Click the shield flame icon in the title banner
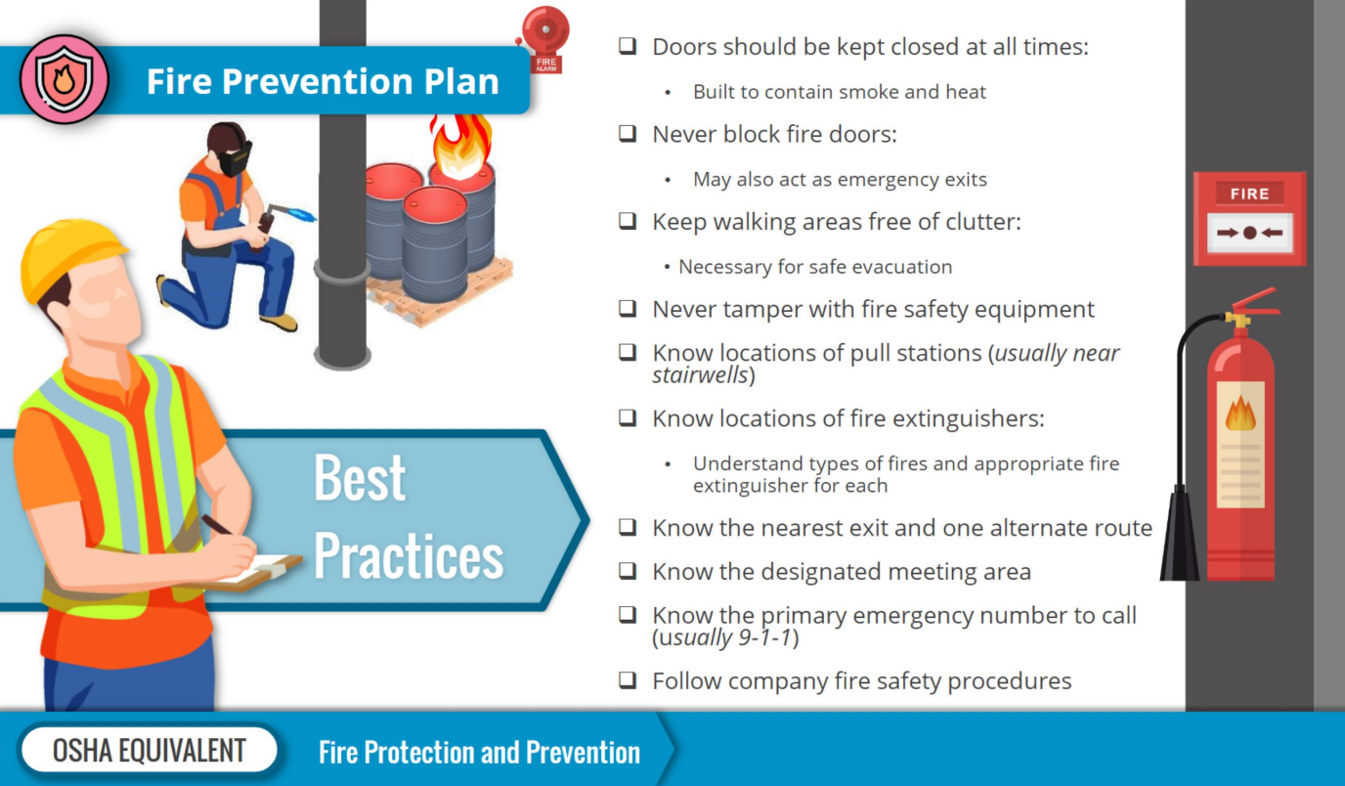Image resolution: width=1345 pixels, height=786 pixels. tap(65, 78)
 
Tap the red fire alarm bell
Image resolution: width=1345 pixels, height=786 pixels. tap(545, 30)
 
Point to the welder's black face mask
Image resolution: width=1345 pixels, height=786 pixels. tap(235, 159)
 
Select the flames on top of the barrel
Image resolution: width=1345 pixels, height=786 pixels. tap(460, 146)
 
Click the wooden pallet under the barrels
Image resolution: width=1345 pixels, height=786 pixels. tap(443, 295)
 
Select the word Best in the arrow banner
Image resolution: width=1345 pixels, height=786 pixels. tap(360, 478)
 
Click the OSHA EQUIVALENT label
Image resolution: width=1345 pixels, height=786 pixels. tap(149, 750)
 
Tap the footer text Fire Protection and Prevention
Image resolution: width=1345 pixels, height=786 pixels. tap(479, 752)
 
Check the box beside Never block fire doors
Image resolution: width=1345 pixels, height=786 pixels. tap(628, 133)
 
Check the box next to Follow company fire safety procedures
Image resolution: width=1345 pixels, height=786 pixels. tap(628, 679)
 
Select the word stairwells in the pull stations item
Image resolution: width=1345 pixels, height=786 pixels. tap(700, 375)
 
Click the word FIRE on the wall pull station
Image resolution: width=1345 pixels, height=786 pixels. tap(1249, 194)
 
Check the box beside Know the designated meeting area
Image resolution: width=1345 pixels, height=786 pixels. tap(628, 570)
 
